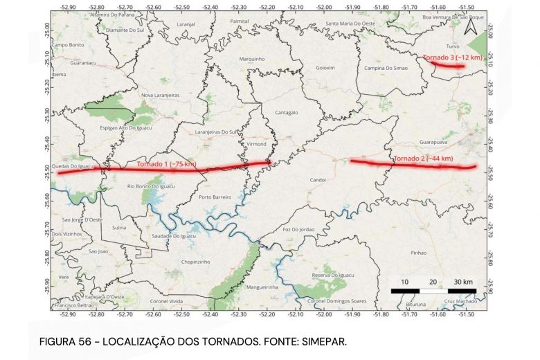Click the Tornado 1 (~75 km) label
click(166, 164)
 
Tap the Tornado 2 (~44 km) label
click(423, 159)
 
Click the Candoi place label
click(318, 179)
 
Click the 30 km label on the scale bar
click(463, 282)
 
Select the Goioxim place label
click(325, 68)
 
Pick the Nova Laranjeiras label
click(161, 96)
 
